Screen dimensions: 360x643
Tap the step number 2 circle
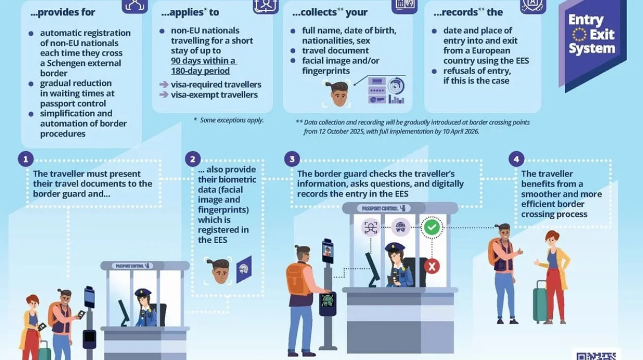(192, 159)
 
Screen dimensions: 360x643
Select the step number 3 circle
(292, 159)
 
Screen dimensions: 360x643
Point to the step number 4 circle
(516, 159)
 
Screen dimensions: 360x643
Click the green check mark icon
(432, 227)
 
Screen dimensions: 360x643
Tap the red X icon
(432, 266)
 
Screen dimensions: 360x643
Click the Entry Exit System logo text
(592, 34)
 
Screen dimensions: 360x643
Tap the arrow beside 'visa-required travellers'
(164, 85)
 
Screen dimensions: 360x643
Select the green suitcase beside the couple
(540, 304)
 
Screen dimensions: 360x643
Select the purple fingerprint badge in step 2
(244, 269)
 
